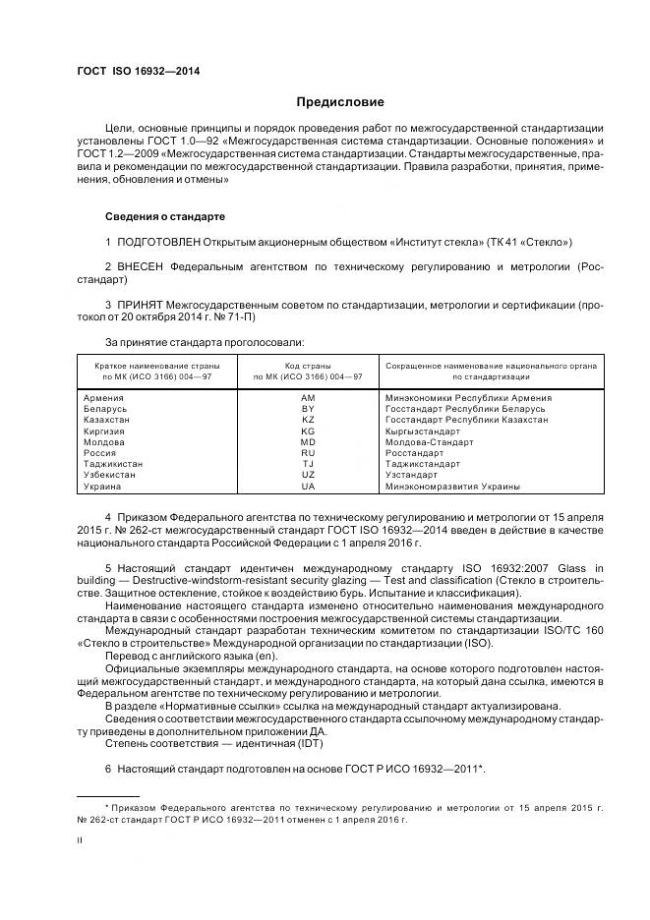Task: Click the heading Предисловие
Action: [x=340, y=102]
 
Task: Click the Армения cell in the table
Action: [x=105, y=397]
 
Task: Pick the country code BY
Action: [x=308, y=408]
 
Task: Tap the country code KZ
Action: [x=308, y=420]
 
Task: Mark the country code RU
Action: [x=308, y=453]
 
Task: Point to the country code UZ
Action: [x=308, y=475]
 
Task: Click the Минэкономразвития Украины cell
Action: [x=452, y=487]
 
